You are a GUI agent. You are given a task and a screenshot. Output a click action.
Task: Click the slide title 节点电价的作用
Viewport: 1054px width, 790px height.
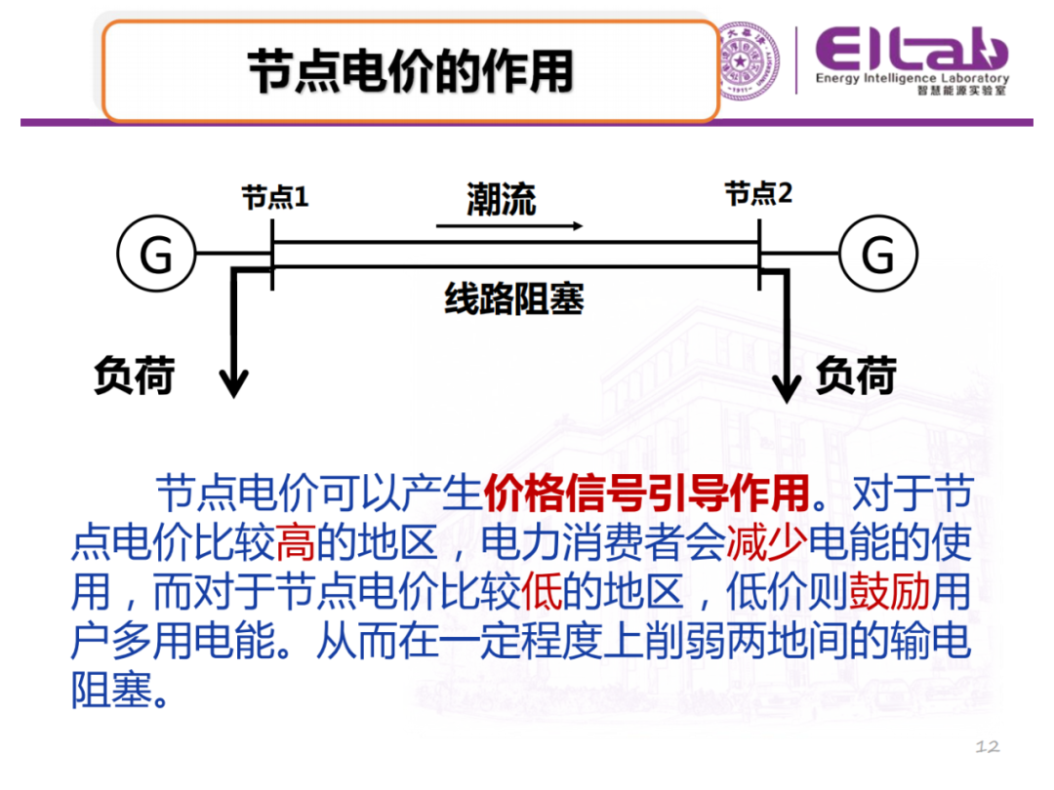coord(410,70)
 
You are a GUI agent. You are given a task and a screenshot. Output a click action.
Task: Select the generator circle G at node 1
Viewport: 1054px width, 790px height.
coord(156,255)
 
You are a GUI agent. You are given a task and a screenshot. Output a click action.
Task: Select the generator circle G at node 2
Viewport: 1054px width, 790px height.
coord(878,255)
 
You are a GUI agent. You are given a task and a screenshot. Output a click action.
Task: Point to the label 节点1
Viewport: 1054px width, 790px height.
coord(275,197)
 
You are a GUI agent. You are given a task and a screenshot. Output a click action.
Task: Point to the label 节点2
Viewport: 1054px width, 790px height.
coord(758,194)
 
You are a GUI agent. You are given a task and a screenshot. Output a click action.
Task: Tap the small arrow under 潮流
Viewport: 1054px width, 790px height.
coord(509,226)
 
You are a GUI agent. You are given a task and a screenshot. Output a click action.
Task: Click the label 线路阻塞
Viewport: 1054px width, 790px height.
coord(514,299)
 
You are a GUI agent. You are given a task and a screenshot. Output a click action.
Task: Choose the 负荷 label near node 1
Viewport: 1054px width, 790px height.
coord(135,375)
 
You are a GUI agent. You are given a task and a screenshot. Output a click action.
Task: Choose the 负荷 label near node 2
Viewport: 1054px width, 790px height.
coord(856,375)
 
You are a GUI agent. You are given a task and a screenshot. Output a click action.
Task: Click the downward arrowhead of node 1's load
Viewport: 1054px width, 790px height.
coord(233,384)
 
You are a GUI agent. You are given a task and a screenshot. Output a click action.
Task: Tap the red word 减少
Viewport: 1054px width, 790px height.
coord(765,543)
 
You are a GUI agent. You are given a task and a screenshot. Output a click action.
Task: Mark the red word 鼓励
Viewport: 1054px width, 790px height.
coord(888,592)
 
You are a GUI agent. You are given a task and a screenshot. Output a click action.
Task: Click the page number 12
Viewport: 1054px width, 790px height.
coord(988,747)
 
